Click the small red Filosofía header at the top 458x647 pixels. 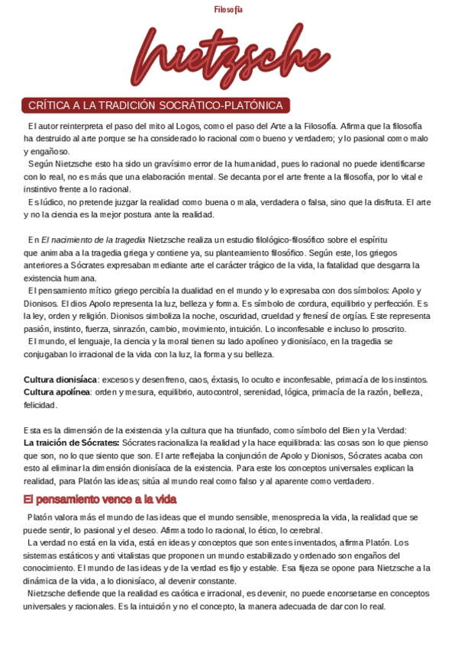(228, 9)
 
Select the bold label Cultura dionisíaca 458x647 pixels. (60, 379)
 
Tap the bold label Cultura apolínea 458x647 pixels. (57, 392)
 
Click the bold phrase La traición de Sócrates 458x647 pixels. (71, 443)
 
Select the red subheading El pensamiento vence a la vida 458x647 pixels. (100, 499)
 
